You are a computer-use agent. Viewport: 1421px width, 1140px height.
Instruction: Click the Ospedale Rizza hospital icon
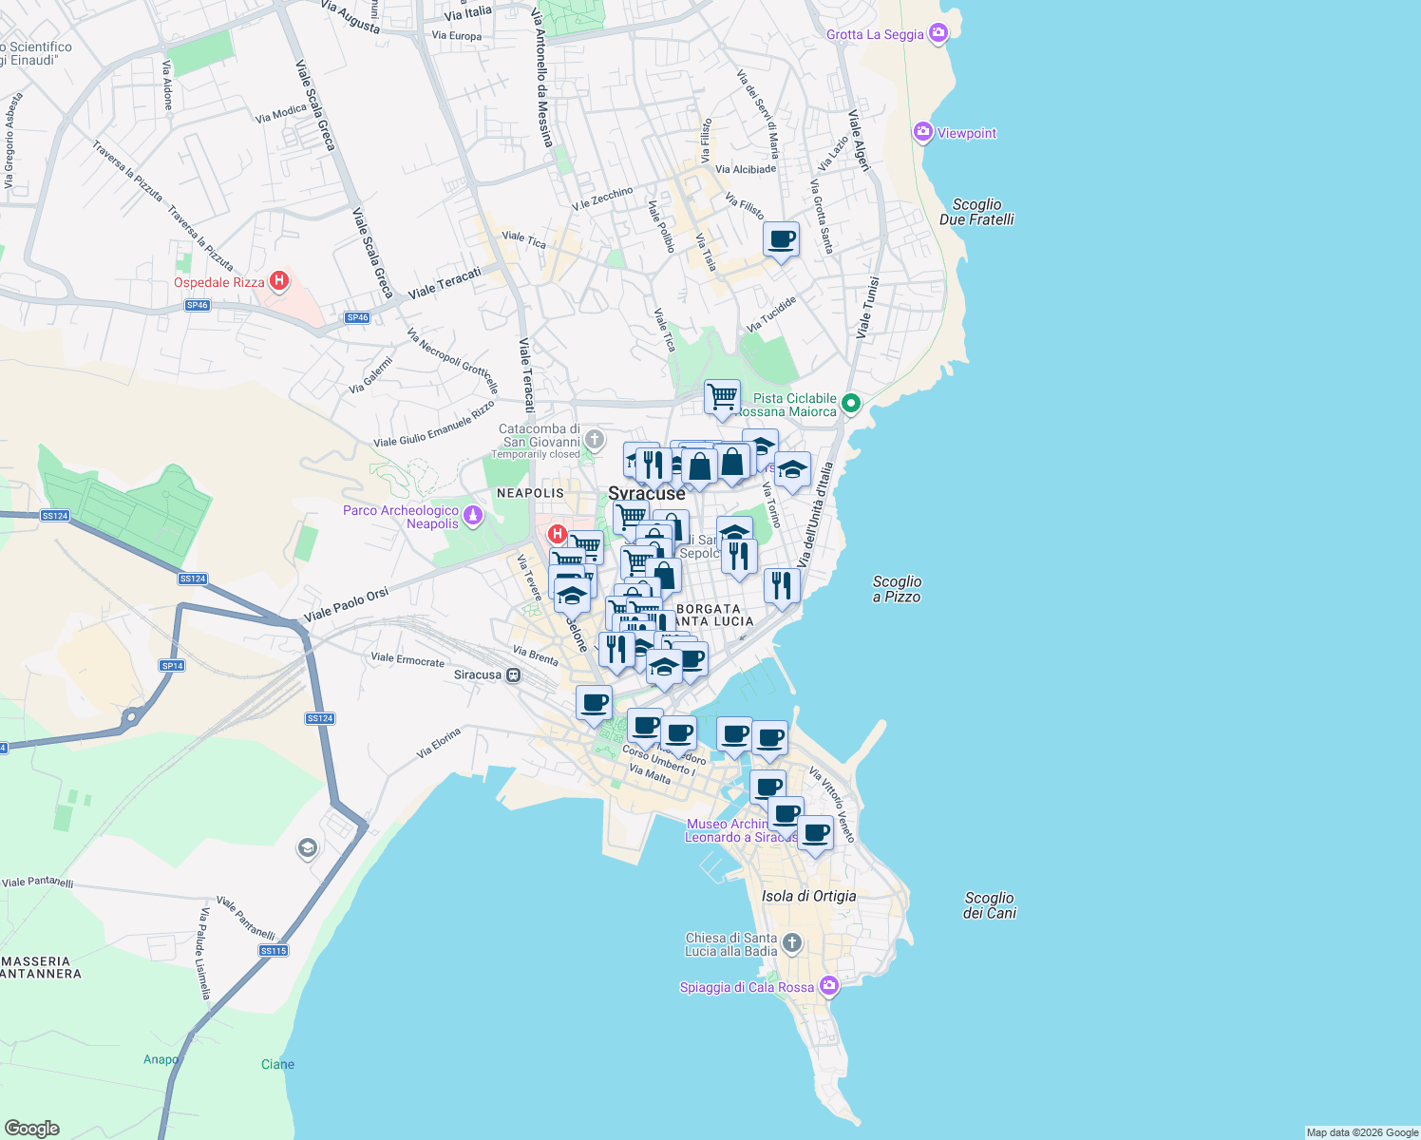(279, 280)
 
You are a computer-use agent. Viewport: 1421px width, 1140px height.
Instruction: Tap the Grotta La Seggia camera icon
(938, 34)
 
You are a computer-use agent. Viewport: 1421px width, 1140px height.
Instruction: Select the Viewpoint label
(966, 133)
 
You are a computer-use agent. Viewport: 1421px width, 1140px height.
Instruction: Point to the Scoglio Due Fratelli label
(976, 212)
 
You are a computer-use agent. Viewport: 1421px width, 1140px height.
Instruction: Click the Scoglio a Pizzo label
(897, 589)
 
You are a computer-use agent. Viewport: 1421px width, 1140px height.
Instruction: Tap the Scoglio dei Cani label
(990, 905)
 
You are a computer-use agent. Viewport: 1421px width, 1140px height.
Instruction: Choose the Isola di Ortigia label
(808, 896)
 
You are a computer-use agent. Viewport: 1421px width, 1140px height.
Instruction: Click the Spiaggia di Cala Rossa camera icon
(829, 986)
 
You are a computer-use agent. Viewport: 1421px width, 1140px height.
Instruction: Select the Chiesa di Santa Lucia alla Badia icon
(792, 943)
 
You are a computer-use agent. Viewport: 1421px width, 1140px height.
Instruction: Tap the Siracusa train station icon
(514, 675)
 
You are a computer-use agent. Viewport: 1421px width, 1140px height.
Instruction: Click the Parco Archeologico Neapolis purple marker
(473, 516)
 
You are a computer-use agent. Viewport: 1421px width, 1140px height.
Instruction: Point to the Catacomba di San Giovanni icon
(595, 439)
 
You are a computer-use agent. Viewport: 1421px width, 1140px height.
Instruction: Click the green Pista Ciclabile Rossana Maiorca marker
(851, 404)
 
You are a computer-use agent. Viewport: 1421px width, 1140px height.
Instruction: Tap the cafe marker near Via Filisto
(781, 239)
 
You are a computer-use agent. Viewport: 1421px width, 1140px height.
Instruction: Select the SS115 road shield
(274, 951)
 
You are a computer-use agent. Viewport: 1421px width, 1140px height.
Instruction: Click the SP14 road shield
(172, 666)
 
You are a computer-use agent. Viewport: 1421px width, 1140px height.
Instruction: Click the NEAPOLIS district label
(530, 493)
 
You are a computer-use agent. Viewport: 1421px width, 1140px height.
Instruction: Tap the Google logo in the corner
(31, 1128)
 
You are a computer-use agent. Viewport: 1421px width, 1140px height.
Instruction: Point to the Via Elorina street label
(438, 743)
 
